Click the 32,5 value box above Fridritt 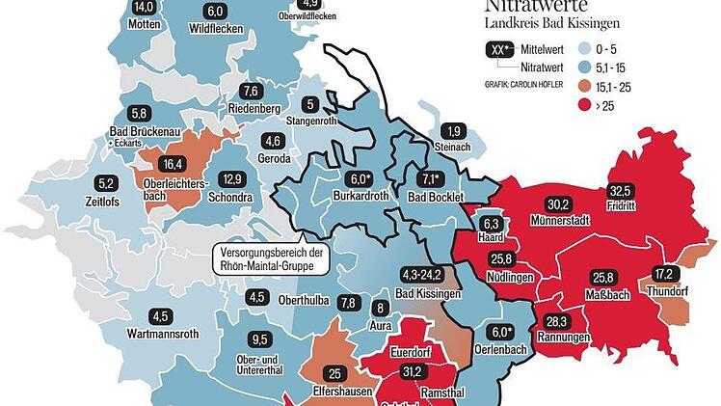(621, 191)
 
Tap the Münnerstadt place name (560, 221)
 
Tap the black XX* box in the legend (498, 50)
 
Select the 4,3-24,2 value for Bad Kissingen (425, 275)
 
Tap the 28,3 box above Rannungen (558, 322)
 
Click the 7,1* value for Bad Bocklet (430, 178)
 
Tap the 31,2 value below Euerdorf (413, 371)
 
